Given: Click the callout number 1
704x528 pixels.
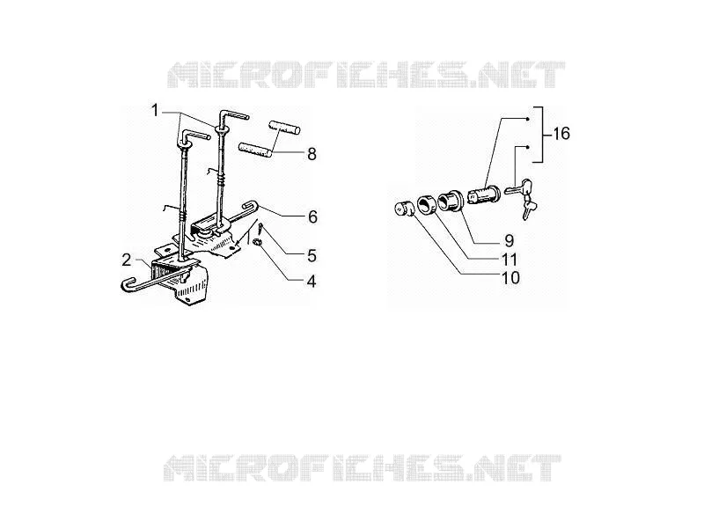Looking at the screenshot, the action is click(155, 110).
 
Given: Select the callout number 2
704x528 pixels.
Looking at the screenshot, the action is click(127, 260).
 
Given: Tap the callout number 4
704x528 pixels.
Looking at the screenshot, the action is click(312, 282).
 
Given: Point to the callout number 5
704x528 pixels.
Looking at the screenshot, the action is click(312, 256).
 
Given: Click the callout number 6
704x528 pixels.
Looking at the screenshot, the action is click(312, 216).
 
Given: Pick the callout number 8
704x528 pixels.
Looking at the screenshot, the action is click(312, 154).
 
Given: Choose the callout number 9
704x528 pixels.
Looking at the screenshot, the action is click(509, 240).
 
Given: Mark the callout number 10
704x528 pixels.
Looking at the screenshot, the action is click(510, 277).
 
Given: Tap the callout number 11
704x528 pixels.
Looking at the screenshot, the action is click(510, 259).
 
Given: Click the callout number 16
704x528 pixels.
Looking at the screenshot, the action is click(561, 134).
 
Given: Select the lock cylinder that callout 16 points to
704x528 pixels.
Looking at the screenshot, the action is click(484, 194).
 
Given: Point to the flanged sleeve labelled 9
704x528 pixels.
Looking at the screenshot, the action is click(450, 201).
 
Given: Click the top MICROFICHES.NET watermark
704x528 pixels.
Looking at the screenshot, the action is click(365, 75).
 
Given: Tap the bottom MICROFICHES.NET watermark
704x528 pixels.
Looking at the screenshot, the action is click(362, 467).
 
